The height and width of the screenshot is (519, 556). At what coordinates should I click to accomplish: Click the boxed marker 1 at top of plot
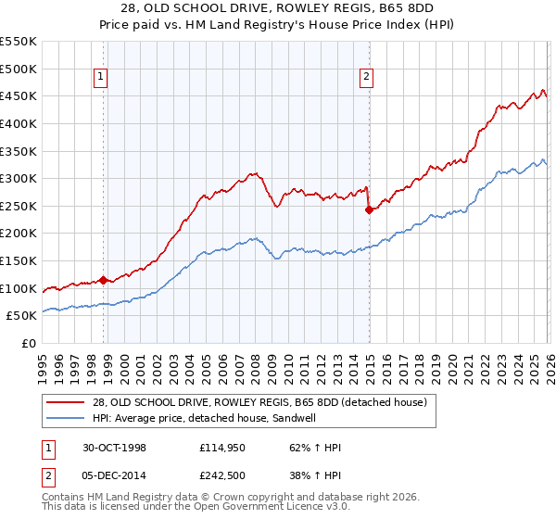pos(99,78)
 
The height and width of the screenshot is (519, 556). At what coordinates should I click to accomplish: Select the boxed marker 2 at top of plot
pos(367,78)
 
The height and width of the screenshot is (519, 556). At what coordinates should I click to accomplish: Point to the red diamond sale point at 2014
pos(369,209)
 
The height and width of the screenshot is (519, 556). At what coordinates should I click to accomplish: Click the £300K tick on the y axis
pos(18,178)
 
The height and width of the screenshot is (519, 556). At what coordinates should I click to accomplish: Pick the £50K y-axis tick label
pos(21,316)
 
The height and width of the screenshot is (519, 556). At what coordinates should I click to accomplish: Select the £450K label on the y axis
pos(18,95)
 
